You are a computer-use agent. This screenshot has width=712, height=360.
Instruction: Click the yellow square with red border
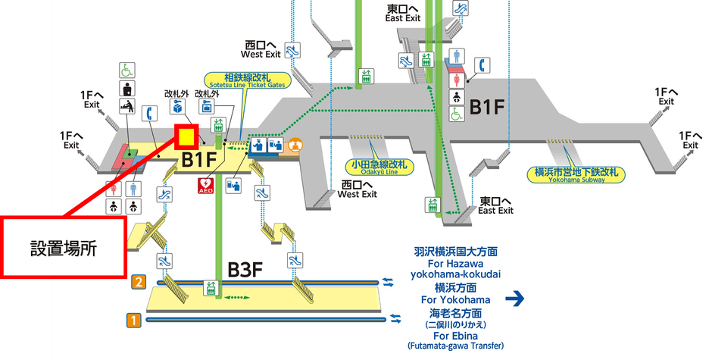point(186,136)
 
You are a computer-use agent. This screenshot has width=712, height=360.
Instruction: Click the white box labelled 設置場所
point(64,246)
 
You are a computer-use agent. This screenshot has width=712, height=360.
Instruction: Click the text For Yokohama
point(457,299)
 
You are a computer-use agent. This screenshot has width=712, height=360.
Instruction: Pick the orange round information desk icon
point(296,142)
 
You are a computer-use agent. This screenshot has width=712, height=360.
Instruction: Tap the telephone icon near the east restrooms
point(480,64)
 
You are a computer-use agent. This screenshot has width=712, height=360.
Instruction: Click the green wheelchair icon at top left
point(126,70)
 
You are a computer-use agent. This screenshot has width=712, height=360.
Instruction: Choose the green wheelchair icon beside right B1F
point(457,113)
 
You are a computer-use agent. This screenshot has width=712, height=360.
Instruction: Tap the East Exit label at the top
point(403,13)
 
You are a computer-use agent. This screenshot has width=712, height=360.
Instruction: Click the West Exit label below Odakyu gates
point(358,189)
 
